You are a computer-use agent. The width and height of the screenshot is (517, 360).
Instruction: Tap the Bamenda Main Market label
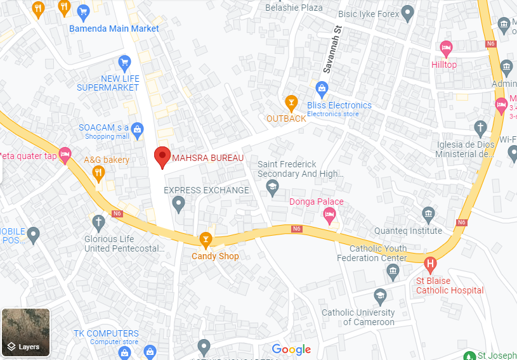[114, 29]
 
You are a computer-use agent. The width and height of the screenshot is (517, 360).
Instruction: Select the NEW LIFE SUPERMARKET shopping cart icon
[124, 62]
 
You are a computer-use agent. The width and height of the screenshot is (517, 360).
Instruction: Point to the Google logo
[291, 349]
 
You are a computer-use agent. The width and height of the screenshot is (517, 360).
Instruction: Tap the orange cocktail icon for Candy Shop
[206, 239]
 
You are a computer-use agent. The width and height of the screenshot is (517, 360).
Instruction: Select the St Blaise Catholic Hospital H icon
[431, 264]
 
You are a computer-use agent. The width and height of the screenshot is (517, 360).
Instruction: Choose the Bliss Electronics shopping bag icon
[322, 87]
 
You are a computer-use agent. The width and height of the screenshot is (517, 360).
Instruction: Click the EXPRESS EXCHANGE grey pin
[178, 203]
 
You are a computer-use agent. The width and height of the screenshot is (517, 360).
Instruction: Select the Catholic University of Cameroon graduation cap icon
[379, 295]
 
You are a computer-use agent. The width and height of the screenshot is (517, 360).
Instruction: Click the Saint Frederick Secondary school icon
[272, 186]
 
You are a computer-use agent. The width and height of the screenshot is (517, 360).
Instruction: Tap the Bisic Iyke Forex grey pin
[408, 13]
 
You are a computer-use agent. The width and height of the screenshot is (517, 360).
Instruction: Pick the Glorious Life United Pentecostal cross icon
[98, 222]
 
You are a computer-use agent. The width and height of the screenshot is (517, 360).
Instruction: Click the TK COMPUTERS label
[106, 333]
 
